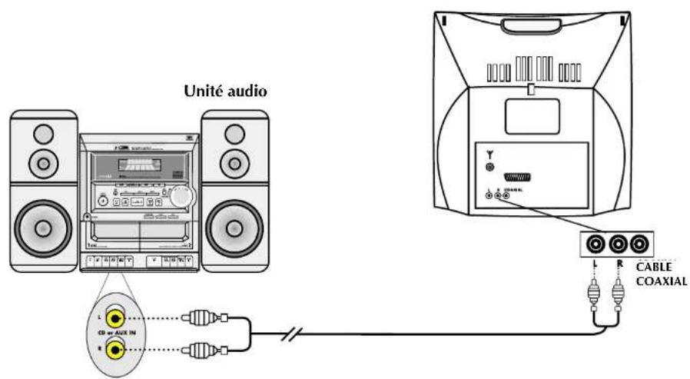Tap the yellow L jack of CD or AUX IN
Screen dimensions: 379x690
coord(115,314)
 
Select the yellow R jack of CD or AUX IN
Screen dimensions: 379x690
coord(115,350)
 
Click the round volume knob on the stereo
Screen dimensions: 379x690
coord(181,196)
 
